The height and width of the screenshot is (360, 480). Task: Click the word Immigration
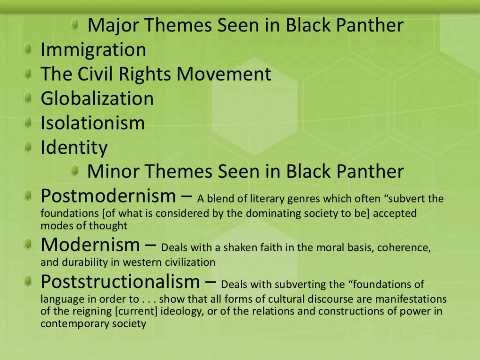point(93,50)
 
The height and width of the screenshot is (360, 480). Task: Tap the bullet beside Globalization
point(28,97)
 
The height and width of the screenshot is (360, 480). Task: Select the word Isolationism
point(93,123)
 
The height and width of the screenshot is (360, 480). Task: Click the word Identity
point(74,148)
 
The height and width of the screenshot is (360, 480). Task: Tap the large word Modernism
point(90,245)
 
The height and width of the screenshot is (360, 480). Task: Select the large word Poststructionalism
point(120,281)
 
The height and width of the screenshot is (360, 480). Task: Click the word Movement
point(224,74)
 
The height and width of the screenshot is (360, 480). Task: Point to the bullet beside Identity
point(28,146)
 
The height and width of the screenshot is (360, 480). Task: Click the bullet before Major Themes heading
point(75,24)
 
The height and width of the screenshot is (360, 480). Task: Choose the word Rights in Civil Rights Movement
point(145,75)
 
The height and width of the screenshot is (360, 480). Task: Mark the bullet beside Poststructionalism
point(28,280)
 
